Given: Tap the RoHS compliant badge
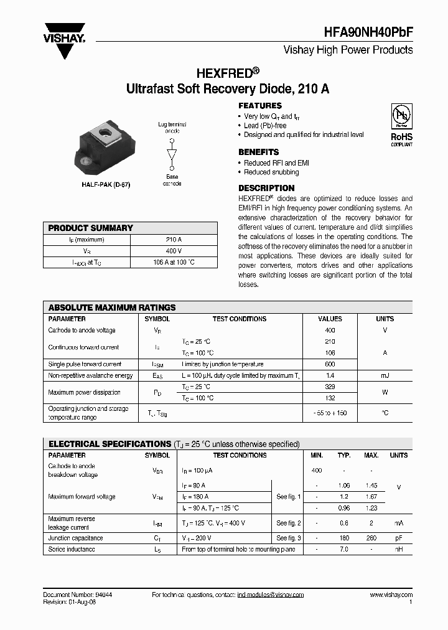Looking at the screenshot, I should [401, 125].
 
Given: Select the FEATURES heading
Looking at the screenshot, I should [260, 106].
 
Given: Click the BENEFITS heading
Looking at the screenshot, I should [258, 152].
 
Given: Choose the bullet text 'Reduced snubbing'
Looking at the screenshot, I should [271, 172].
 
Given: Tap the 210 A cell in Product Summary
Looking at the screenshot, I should [174, 240].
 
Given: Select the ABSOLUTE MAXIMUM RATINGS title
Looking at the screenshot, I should [112, 308].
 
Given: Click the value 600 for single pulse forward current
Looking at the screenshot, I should [330, 364].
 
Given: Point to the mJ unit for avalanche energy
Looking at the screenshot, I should [385, 375].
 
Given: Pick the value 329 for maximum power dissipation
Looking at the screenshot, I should [330, 387].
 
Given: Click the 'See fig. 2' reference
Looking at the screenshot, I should [289, 524].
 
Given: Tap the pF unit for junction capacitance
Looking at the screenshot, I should [398, 538].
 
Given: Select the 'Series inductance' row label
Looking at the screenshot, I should [72, 550].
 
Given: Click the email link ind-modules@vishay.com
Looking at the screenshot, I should [270, 595].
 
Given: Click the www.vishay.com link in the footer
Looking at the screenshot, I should [391, 595].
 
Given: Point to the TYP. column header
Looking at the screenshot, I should [344, 455].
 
